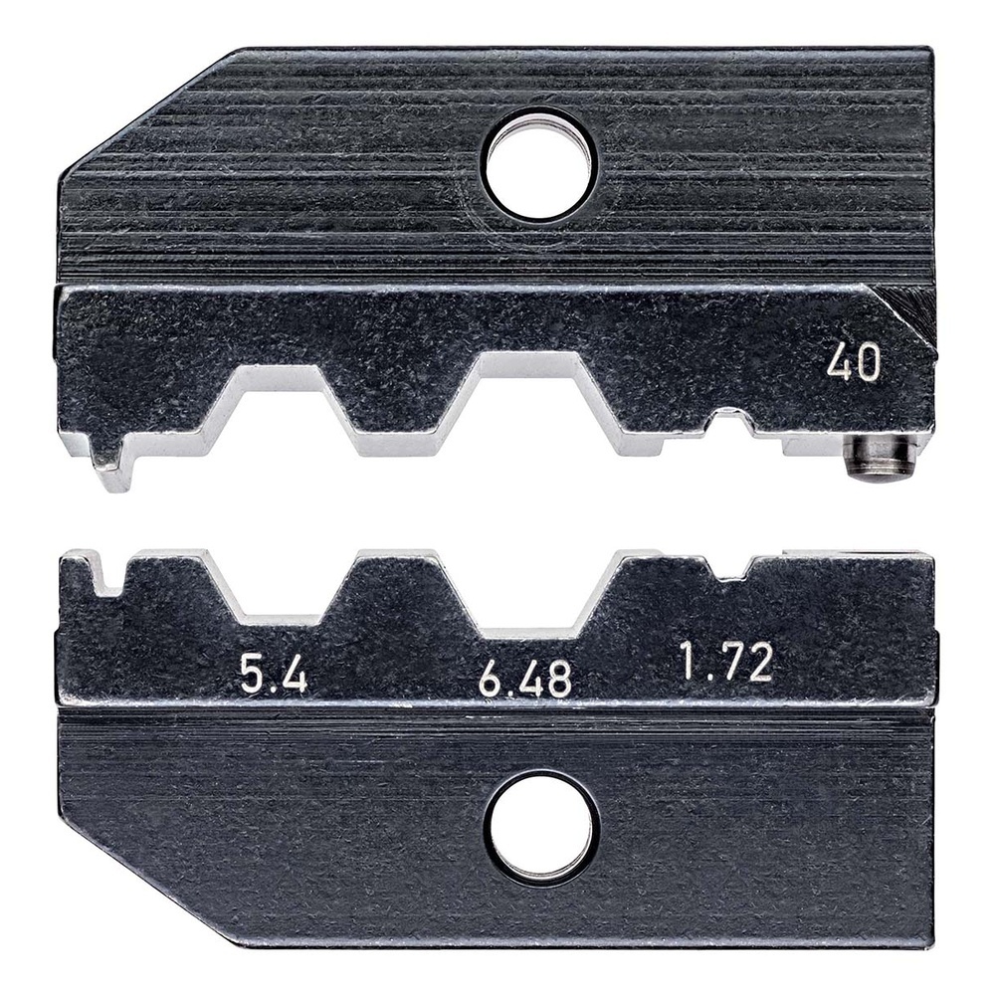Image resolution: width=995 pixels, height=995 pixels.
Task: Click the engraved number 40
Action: (x=853, y=364)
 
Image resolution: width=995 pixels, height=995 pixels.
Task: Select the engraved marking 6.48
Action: (x=524, y=679)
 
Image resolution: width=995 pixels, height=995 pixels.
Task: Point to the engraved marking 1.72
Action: (x=726, y=662)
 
